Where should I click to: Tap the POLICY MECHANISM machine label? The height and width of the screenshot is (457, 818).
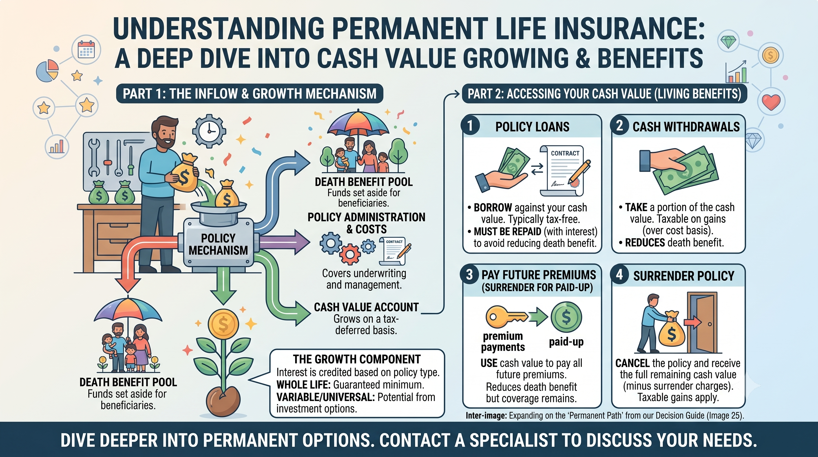coord(218,244)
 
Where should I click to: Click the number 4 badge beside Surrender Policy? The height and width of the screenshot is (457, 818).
coord(619,274)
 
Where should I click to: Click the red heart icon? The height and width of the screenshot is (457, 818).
coord(771,102)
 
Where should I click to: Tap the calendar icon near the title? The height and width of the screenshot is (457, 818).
coord(86,50)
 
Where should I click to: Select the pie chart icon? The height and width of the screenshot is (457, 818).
coord(48,71)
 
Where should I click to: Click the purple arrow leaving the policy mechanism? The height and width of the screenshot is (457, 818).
coord(284,242)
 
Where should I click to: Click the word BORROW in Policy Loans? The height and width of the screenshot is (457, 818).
coord(493,208)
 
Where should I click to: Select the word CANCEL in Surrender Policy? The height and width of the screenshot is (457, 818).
coord(632,363)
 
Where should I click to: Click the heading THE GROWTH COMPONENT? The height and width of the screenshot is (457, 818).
coord(357,359)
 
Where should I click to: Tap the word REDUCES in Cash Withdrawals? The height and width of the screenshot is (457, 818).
coord(645,242)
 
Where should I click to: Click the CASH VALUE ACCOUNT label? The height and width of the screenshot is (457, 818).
coord(366,307)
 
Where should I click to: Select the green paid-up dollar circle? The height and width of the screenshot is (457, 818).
coord(566,317)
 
